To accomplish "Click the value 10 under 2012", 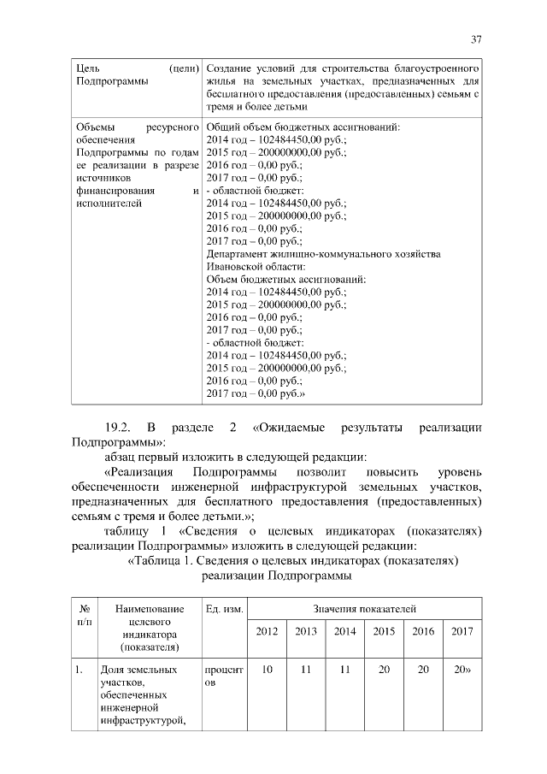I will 268,670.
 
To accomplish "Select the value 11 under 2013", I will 305,670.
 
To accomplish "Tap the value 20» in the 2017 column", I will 463,670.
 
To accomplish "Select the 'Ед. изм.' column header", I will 225,608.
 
